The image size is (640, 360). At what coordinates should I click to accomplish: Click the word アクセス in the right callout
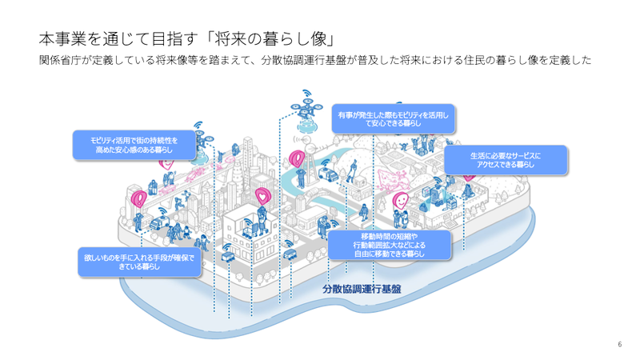(492, 163)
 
